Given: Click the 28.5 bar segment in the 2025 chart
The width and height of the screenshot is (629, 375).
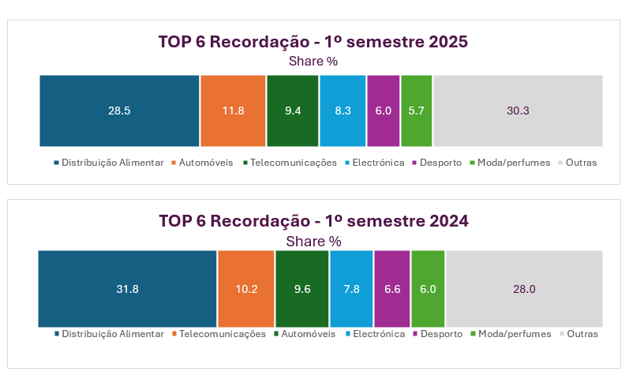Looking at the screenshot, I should (x=119, y=111).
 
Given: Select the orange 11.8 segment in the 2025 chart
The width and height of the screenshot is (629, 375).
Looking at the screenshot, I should (x=233, y=111).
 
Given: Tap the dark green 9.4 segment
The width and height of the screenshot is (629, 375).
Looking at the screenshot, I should (x=293, y=111).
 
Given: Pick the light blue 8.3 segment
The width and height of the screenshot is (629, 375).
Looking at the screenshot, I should (x=343, y=111).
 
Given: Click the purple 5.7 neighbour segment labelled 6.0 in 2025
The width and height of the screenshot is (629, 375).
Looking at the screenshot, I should (x=384, y=111).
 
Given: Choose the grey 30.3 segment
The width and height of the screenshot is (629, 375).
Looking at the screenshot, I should (x=518, y=111).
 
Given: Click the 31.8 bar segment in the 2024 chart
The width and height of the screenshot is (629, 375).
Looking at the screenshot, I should (x=127, y=289).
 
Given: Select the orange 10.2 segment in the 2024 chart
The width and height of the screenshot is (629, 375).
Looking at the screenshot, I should (x=246, y=289).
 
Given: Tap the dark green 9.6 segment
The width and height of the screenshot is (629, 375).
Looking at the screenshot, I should (x=301, y=289).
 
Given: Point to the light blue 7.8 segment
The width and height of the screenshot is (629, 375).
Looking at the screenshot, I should (x=351, y=289).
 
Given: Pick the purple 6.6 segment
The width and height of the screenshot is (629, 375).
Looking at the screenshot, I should (x=391, y=289).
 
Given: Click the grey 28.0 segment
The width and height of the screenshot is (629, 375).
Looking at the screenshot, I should (x=524, y=289).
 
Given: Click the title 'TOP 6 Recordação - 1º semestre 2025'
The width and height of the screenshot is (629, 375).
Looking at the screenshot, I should (x=313, y=42).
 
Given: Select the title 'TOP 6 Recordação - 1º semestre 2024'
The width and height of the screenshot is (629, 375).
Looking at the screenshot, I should (x=313, y=221).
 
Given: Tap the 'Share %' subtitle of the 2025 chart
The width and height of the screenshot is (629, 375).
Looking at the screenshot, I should (x=313, y=61).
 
